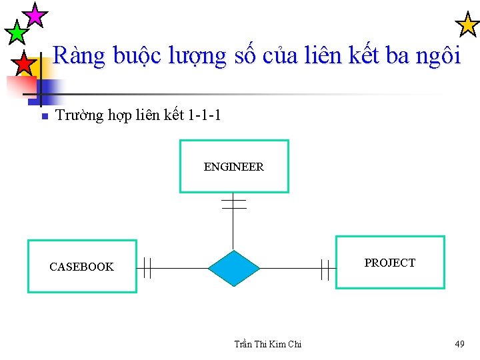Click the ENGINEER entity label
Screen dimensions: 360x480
[x=233, y=167]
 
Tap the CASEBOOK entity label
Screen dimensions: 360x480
[x=81, y=267]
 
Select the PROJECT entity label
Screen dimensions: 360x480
[x=389, y=263]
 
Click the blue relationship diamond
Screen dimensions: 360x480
[x=233, y=268]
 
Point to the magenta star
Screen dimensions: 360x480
[x=35, y=14]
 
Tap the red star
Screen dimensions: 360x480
[x=24, y=64]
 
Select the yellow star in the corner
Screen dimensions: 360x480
[x=467, y=25]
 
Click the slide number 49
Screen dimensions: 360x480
[x=459, y=344]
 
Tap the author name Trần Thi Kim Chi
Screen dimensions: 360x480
[x=268, y=344]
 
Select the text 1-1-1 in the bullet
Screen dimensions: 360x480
[x=204, y=115]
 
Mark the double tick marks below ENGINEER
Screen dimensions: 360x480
[x=233, y=203]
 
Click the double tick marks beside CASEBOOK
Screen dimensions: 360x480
[x=147, y=268]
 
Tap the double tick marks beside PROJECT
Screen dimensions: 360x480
[x=325, y=269]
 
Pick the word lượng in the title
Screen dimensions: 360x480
[x=198, y=57]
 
